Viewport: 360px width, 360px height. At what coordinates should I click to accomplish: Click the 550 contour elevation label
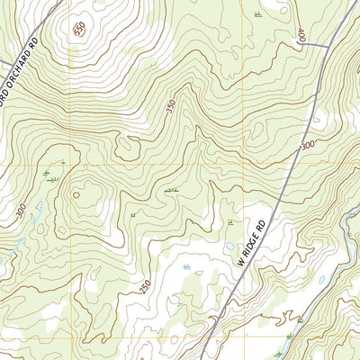click(x=79, y=29)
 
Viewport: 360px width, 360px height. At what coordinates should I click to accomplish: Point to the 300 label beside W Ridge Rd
click(x=308, y=144)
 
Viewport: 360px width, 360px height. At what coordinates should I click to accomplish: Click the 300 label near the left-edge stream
click(x=21, y=211)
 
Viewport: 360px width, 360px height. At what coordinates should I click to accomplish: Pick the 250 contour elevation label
click(x=145, y=285)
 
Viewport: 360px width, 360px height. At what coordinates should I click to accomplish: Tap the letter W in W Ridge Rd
click(x=239, y=264)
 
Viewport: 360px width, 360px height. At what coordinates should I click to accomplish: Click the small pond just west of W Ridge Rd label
click(x=230, y=246)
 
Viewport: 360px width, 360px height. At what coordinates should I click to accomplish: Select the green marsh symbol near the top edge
click(x=259, y=13)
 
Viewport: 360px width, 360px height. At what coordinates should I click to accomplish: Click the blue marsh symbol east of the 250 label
click(x=186, y=267)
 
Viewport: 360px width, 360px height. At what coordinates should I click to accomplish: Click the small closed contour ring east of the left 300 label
click(x=76, y=192)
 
